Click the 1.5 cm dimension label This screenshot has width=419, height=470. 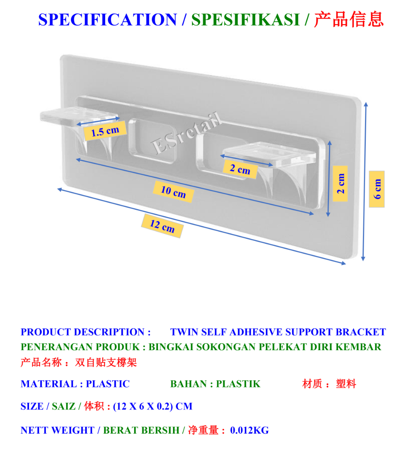[x=105, y=131]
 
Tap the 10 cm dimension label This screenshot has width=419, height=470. [x=173, y=191]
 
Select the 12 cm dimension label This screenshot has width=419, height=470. [x=162, y=225]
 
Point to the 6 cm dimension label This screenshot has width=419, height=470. [x=376, y=189]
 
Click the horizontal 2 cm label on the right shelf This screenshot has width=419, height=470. [x=240, y=169]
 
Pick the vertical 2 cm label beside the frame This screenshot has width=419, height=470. [x=340, y=184]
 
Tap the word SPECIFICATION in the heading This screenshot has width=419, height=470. [x=107, y=20]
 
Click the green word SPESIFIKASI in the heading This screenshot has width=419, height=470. [x=246, y=20]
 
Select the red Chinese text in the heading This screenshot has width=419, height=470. [x=349, y=20]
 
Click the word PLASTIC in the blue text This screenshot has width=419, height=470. [x=108, y=384]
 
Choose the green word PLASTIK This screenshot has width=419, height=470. [x=238, y=384]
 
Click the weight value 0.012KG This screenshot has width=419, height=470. [x=249, y=430]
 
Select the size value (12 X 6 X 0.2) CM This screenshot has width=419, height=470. [x=153, y=406]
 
